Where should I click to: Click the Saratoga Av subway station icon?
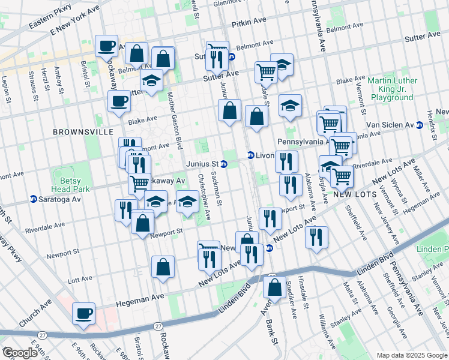coord(34,199)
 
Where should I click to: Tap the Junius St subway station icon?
coord(224,164)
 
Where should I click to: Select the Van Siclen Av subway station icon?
coord(420,125)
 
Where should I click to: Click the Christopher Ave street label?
coord(205,197)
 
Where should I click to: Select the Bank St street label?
coord(274,344)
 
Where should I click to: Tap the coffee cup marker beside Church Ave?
coord(84,313)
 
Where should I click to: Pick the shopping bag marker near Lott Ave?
coord(163,268)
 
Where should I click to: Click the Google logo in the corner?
coord(20,353)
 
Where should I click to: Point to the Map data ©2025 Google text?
coord(412,355)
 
